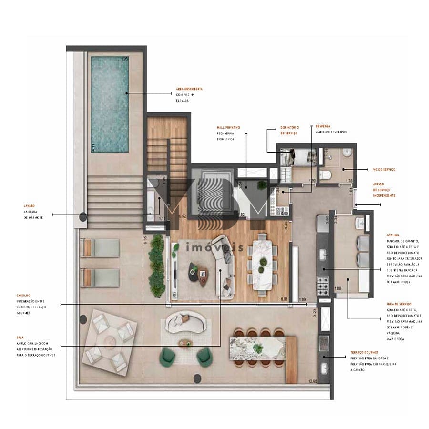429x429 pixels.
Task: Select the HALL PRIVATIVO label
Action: coord(228,128)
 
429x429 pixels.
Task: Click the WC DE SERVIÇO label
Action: coord(383,169)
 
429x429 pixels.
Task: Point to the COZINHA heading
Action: coord(393,235)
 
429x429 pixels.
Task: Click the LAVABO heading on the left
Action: coord(30,206)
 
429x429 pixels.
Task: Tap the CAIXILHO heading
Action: coord(23,296)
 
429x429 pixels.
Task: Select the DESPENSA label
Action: coord(323,126)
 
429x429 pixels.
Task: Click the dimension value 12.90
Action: coord(313,381)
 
